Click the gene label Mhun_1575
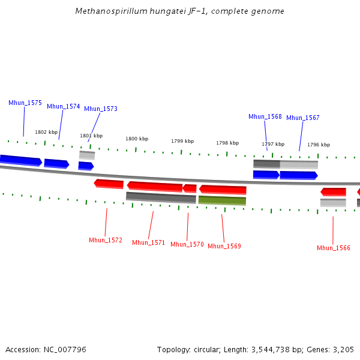click(x=25, y=103)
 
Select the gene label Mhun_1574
click(x=64, y=106)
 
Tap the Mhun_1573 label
click(x=101, y=109)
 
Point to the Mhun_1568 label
click(x=265, y=116)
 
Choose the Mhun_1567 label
click(x=303, y=118)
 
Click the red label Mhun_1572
click(x=106, y=240)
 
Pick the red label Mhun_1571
click(x=148, y=242)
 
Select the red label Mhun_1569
click(x=224, y=246)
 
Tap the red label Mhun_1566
click(x=334, y=248)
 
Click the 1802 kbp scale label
click(x=46, y=132)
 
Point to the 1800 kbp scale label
click(x=137, y=139)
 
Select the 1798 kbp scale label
click(x=227, y=143)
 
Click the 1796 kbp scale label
click(x=319, y=145)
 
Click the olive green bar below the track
click(x=222, y=200)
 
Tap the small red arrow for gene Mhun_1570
click(x=190, y=188)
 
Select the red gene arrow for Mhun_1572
click(x=109, y=184)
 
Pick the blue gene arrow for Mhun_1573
click(x=86, y=166)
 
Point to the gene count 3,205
click(x=342, y=349)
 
